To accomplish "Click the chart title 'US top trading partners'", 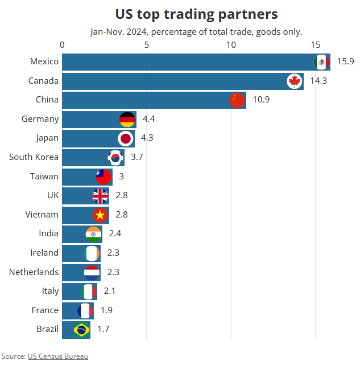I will click(196, 14).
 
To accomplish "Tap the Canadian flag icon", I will click(294, 81).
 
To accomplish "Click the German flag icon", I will click(127, 119).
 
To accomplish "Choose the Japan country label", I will click(47, 138).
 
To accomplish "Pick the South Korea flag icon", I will click(115, 157).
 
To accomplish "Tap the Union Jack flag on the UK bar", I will click(100, 196).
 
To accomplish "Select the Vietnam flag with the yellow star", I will click(100, 215).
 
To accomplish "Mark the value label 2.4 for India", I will click(115, 233).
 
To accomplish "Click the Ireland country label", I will click(44, 253).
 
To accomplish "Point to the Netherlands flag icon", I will click(92, 272).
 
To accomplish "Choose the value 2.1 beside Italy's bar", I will click(110, 291).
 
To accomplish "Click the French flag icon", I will click(85, 310).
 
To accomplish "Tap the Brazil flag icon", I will click(82, 329).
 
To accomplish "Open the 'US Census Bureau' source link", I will click(58, 356).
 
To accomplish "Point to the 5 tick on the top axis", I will click(147, 44).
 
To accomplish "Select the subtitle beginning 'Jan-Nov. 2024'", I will click(196, 32).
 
